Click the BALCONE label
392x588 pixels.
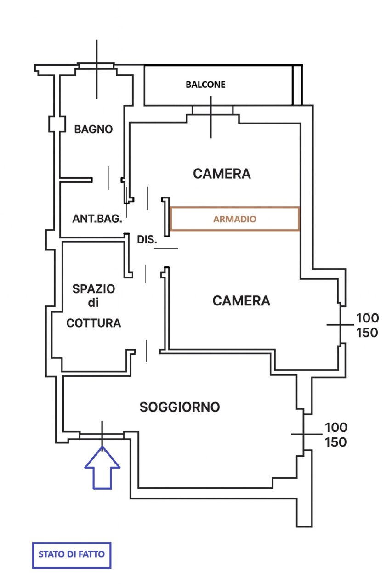205,85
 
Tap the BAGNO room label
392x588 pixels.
93,130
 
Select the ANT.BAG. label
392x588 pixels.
97,219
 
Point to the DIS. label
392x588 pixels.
147,239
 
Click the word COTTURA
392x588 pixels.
94,323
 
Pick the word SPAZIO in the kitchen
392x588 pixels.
94,289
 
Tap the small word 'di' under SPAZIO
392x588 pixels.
94,303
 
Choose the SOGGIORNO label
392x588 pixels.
180,407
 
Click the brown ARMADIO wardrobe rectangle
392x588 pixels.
234,219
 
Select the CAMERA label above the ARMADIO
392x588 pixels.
222,174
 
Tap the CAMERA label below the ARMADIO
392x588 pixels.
241,301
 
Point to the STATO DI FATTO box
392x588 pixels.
72,554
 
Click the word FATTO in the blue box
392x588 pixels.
92,554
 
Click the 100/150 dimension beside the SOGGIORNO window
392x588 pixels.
336,435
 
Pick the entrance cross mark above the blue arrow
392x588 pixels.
102,434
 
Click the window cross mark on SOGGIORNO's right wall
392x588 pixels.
304,434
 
